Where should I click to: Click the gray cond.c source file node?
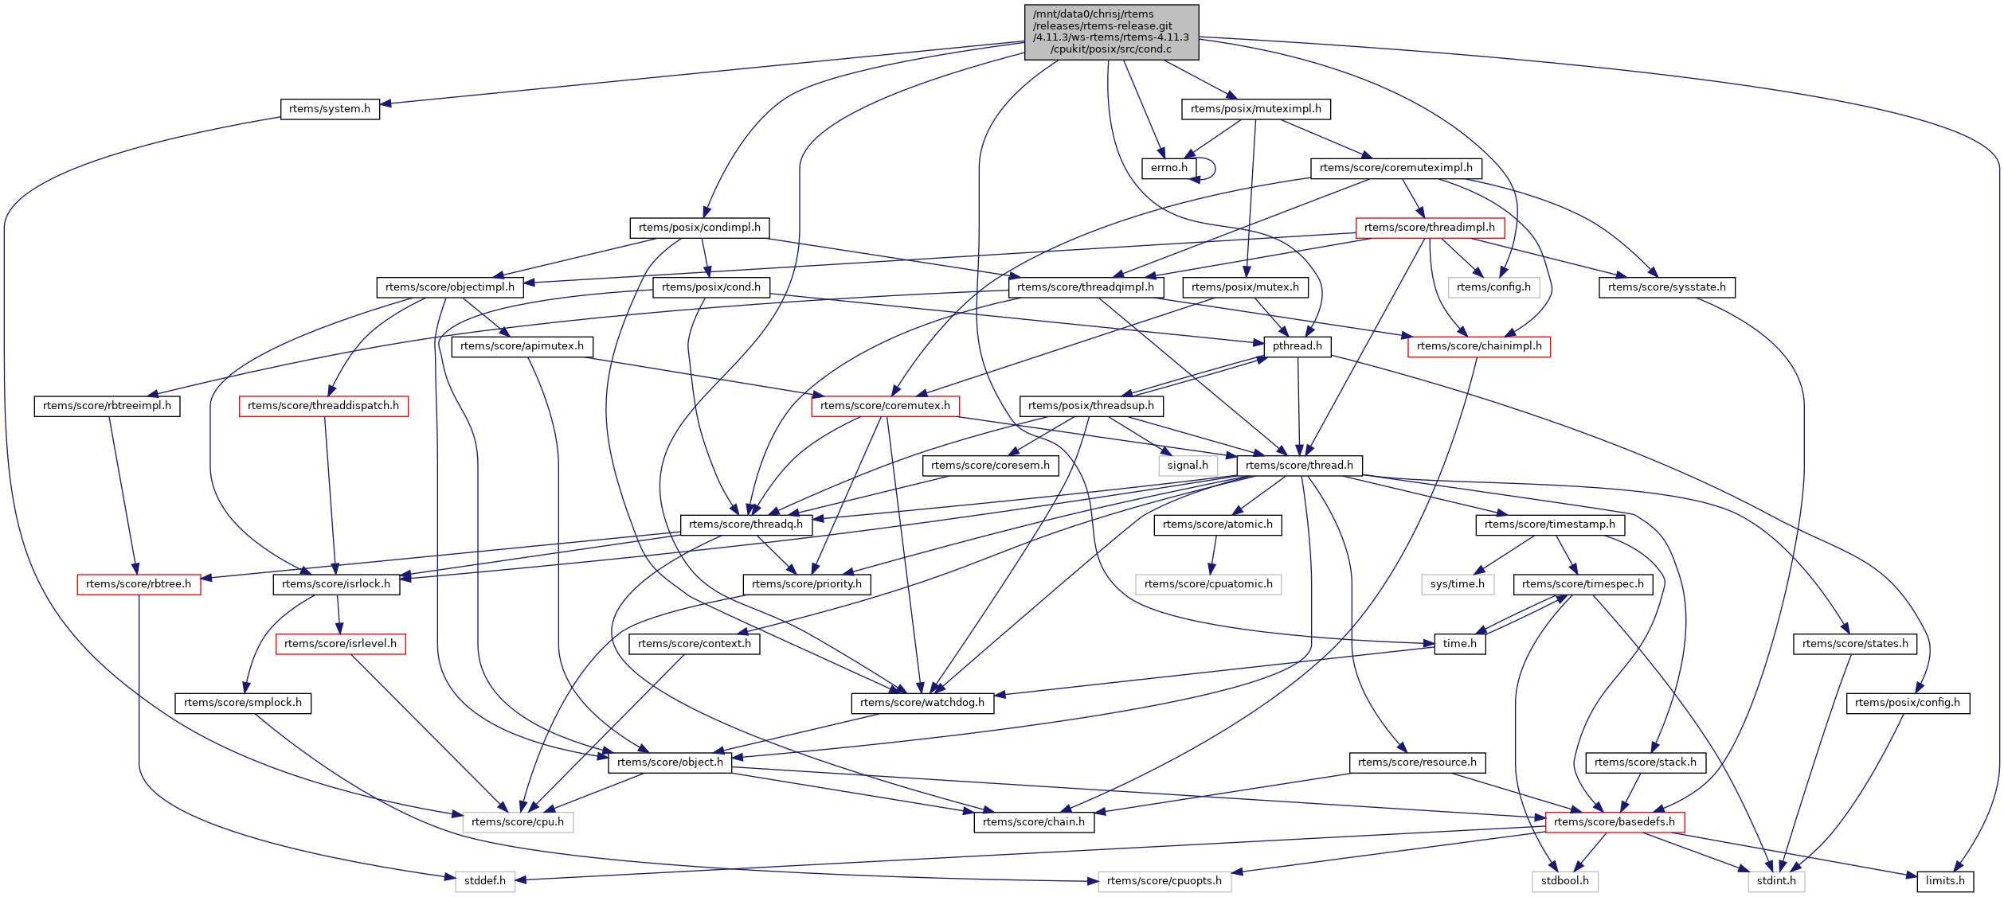click(x=1110, y=32)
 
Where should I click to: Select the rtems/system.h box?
click(x=329, y=109)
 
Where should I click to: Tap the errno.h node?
click(x=1168, y=168)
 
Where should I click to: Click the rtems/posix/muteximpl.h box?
click(x=1255, y=109)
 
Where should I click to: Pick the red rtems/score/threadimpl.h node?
click(x=1429, y=228)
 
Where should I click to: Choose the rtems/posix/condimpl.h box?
click(x=699, y=228)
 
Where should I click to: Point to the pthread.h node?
click(x=1297, y=346)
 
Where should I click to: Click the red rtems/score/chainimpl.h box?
click(x=1478, y=346)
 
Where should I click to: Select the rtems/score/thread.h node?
click(x=1299, y=466)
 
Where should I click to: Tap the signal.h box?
click(x=1187, y=466)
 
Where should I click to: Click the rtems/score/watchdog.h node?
click(x=922, y=703)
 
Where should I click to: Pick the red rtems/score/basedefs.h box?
click(x=1614, y=822)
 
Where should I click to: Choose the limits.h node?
click(x=1944, y=881)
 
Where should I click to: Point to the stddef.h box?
click(x=484, y=881)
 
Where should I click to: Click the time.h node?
click(x=1459, y=644)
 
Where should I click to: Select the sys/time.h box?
click(x=1457, y=584)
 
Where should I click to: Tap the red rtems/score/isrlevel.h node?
click(x=340, y=644)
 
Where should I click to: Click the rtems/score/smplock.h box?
click(x=242, y=703)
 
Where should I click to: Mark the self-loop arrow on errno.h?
click(x=1212, y=169)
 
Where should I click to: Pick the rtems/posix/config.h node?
click(x=1907, y=703)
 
